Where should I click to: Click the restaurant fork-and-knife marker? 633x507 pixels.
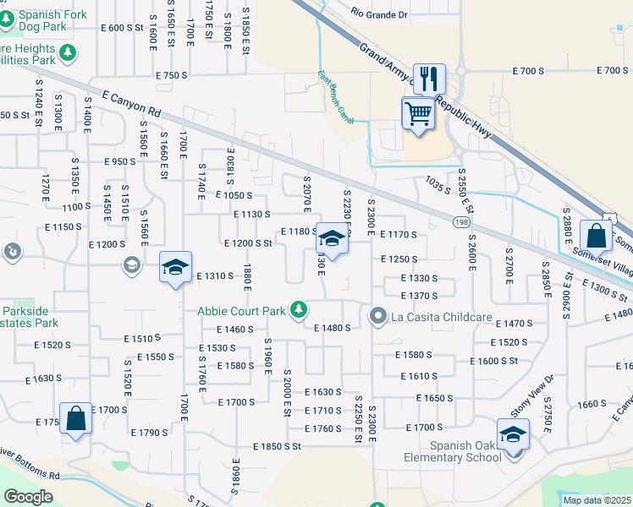click(428, 79)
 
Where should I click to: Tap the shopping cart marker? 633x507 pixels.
click(417, 112)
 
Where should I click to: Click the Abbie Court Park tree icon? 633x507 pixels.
click(298, 311)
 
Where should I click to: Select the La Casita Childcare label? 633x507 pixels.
click(441, 318)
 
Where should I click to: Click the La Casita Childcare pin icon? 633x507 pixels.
click(377, 317)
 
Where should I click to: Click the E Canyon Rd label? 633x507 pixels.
click(130, 105)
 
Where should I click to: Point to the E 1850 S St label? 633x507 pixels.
click(277, 445)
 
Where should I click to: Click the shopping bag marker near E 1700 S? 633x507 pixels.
click(75, 417)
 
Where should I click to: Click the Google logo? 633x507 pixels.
click(28, 497)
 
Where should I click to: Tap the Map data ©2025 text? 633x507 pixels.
click(596, 500)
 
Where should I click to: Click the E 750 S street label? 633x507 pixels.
click(171, 76)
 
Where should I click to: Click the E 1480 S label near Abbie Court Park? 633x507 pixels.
click(332, 328)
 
